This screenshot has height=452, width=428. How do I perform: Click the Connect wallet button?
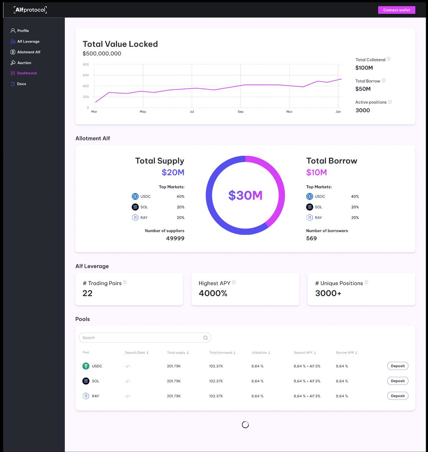coord(397,10)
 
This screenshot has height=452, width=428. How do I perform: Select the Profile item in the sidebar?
coord(23,31)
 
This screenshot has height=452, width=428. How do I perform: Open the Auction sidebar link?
coord(24,63)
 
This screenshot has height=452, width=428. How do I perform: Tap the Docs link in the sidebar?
coord(21,84)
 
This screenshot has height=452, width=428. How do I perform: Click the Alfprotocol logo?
coord(30,10)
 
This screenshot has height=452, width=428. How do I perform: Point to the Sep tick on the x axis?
coord(240,112)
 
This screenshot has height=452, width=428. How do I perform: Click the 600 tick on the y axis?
coord(86,75)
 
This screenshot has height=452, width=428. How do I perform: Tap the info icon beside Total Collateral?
coord(388,59)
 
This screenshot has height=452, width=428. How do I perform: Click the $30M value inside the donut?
coord(245,195)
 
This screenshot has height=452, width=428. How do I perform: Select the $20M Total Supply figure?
coord(173,172)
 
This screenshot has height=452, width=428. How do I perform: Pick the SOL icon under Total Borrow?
coord(309,207)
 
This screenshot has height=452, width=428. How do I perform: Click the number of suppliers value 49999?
coord(175,238)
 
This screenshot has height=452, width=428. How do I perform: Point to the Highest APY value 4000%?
coord(213,294)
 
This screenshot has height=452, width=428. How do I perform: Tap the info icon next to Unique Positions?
coord(366,282)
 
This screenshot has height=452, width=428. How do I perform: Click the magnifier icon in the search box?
coord(206,338)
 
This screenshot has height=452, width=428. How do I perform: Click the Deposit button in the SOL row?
coord(398,381)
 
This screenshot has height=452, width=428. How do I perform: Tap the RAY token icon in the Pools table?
coord(86,396)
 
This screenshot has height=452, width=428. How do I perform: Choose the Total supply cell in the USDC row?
coord(174,366)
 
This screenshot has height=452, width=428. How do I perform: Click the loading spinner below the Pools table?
coord(245,424)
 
